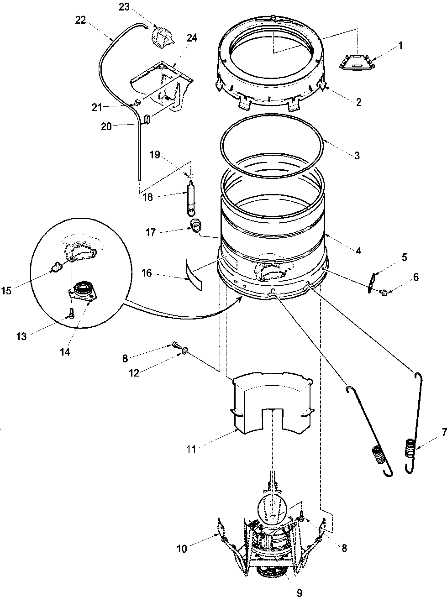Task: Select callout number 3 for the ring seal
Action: point(357,156)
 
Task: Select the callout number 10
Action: point(182,549)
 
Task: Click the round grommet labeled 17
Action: point(196,225)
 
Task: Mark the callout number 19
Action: point(155,155)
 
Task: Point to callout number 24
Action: point(192,38)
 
